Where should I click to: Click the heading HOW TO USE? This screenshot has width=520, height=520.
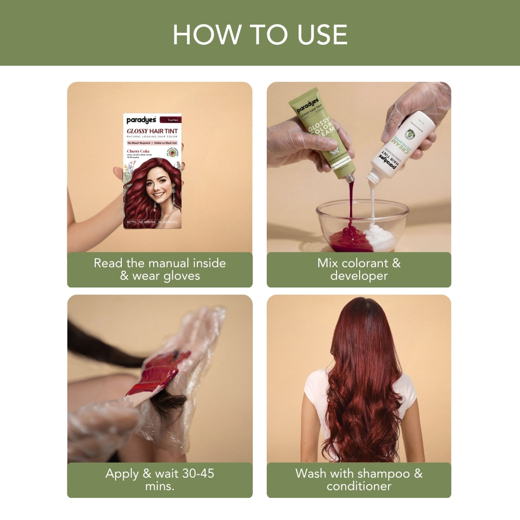(260, 34)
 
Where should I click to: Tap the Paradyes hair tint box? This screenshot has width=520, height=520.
(152, 171)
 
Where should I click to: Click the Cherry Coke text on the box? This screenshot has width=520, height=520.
(138, 151)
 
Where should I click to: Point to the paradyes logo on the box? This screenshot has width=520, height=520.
(141, 120)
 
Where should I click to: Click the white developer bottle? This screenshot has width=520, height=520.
(402, 144)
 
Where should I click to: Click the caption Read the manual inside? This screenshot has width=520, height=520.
(159, 263)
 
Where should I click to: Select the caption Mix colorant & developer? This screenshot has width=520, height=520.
(359, 269)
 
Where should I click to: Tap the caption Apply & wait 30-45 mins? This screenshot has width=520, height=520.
(159, 480)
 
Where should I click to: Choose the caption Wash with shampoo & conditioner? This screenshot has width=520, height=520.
(359, 480)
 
